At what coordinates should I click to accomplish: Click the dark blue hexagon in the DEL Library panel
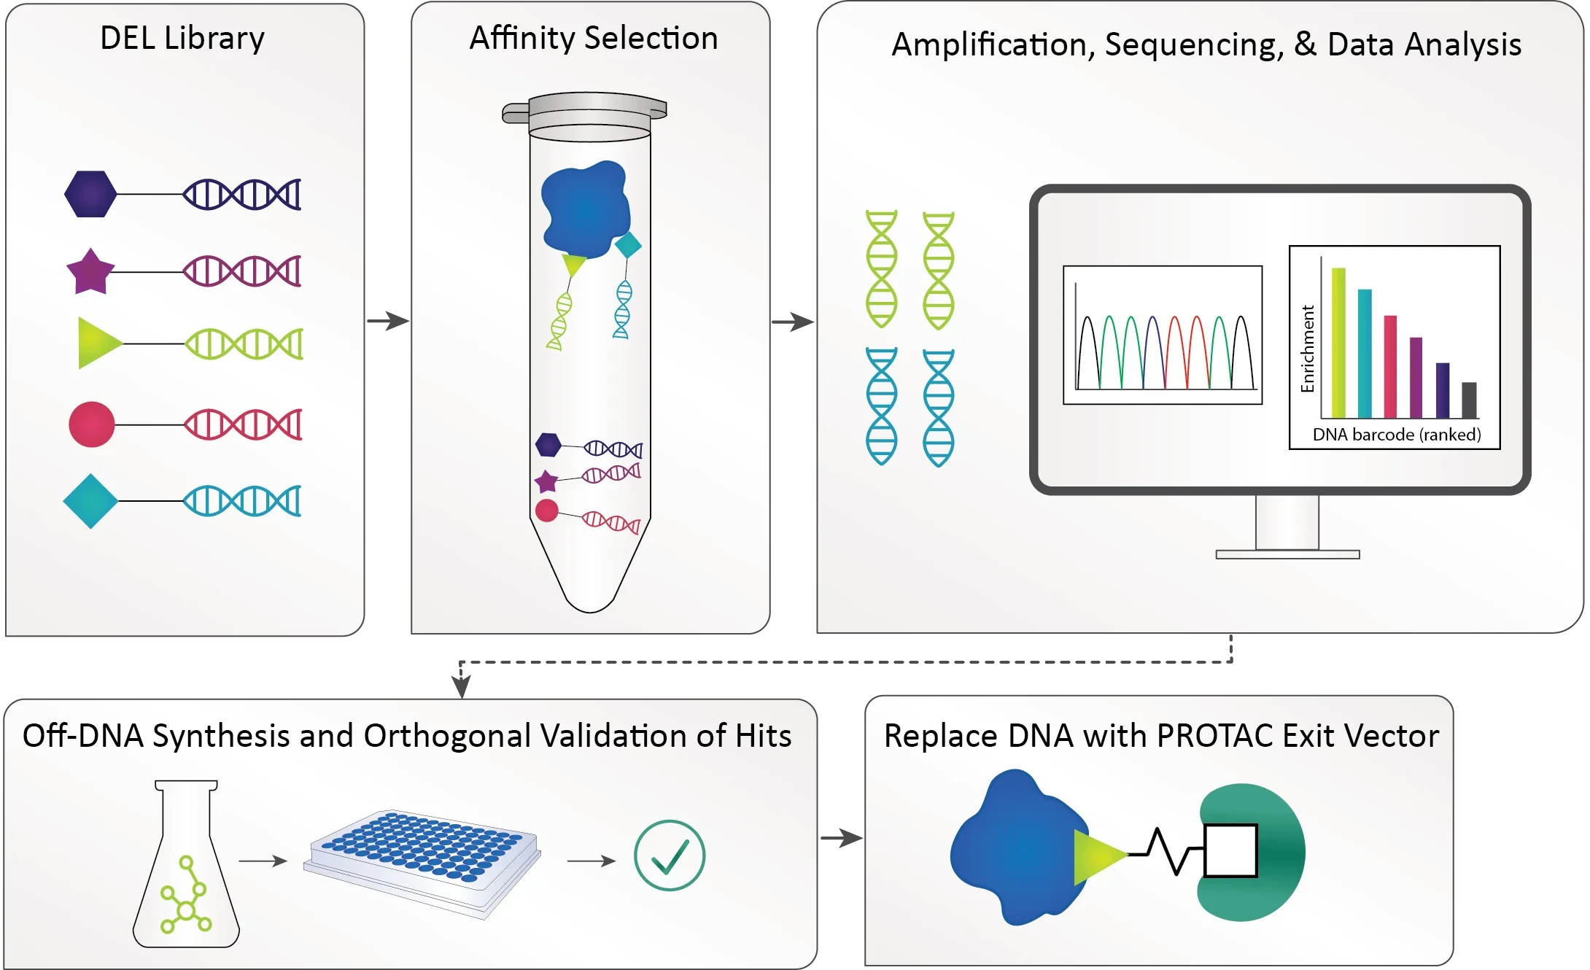pyautogui.click(x=90, y=194)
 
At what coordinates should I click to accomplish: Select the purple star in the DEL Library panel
pyautogui.click(x=90, y=271)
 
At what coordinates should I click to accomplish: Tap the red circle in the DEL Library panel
pyautogui.click(x=92, y=424)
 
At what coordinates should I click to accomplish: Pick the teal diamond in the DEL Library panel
pyautogui.click(x=90, y=501)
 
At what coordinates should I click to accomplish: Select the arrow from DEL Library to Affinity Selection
pyautogui.click(x=388, y=321)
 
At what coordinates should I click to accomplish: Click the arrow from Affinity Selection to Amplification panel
pyautogui.click(x=793, y=322)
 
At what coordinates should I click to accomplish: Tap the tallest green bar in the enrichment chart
pyautogui.click(x=1338, y=342)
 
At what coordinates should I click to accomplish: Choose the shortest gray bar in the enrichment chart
pyautogui.click(x=1470, y=400)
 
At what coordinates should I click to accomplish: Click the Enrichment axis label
pyautogui.click(x=1308, y=349)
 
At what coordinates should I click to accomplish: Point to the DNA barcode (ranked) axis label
pyautogui.click(x=1397, y=435)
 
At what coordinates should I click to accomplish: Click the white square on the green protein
pyautogui.click(x=1230, y=850)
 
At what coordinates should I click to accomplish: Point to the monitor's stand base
pyautogui.click(x=1288, y=554)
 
